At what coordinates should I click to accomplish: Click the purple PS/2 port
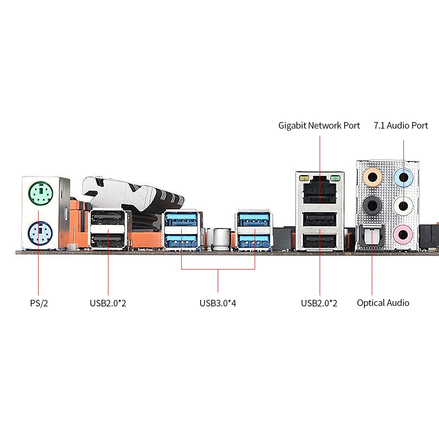click(x=40, y=233)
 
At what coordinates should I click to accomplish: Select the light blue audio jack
click(x=403, y=178)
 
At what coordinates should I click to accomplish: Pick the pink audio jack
click(x=403, y=233)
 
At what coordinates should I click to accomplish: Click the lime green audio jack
click(x=403, y=205)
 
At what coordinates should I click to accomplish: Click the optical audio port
click(x=372, y=235)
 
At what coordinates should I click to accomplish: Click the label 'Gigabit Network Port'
click(x=319, y=126)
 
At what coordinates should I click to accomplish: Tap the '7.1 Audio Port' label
click(x=401, y=126)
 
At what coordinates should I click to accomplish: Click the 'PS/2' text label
click(x=39, y=303)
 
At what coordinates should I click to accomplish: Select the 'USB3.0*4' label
click(x=218, y=303)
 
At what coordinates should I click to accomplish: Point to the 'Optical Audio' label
click(x=383, y=303)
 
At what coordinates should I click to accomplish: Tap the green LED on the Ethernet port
click(x=335, y=178)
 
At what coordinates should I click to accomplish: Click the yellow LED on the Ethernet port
click(x=303, y=178)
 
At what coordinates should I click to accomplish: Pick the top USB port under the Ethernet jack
click(x=320, y=219)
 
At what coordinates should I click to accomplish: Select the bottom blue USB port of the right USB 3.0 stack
click(x=252, y=241)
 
